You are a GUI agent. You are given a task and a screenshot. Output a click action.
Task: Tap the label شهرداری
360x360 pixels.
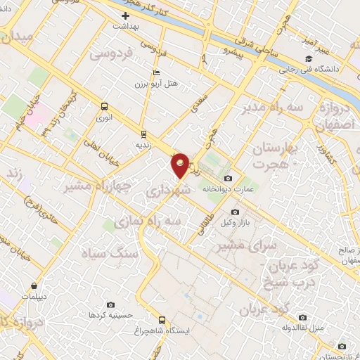[167, 191]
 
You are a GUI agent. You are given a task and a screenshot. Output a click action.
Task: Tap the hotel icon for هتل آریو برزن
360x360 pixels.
[156, 73]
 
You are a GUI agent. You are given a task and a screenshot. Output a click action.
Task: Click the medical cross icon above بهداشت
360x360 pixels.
[126, 15]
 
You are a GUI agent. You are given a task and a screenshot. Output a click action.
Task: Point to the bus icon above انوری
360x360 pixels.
[105, 107]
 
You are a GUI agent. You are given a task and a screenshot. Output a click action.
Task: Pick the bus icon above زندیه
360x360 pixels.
[143, 133]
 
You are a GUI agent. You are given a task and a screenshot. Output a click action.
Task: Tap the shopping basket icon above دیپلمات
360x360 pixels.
[35, 286]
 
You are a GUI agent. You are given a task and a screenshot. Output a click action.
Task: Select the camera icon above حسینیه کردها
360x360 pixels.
[111, 304]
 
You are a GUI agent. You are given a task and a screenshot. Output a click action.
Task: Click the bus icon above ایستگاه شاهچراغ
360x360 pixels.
[162, 320]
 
